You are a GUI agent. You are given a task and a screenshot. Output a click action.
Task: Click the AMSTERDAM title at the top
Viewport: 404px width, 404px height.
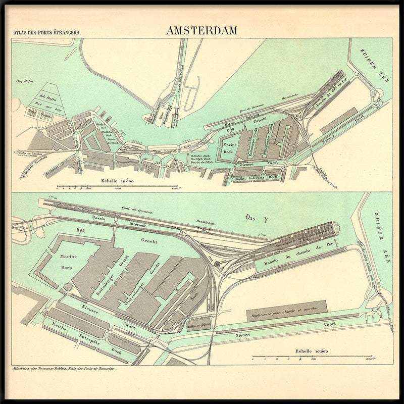pyautogui.click(x=201, y=30)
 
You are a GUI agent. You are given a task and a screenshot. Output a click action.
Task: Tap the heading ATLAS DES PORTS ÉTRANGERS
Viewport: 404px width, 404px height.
pyautogui.click(x=47, y=32)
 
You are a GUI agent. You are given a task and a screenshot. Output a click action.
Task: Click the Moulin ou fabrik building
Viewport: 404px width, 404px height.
pyautogui.click(x=198, y=326)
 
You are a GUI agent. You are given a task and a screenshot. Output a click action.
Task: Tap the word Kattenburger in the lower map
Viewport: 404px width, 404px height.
pyautogui.click(x=102, y=285)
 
